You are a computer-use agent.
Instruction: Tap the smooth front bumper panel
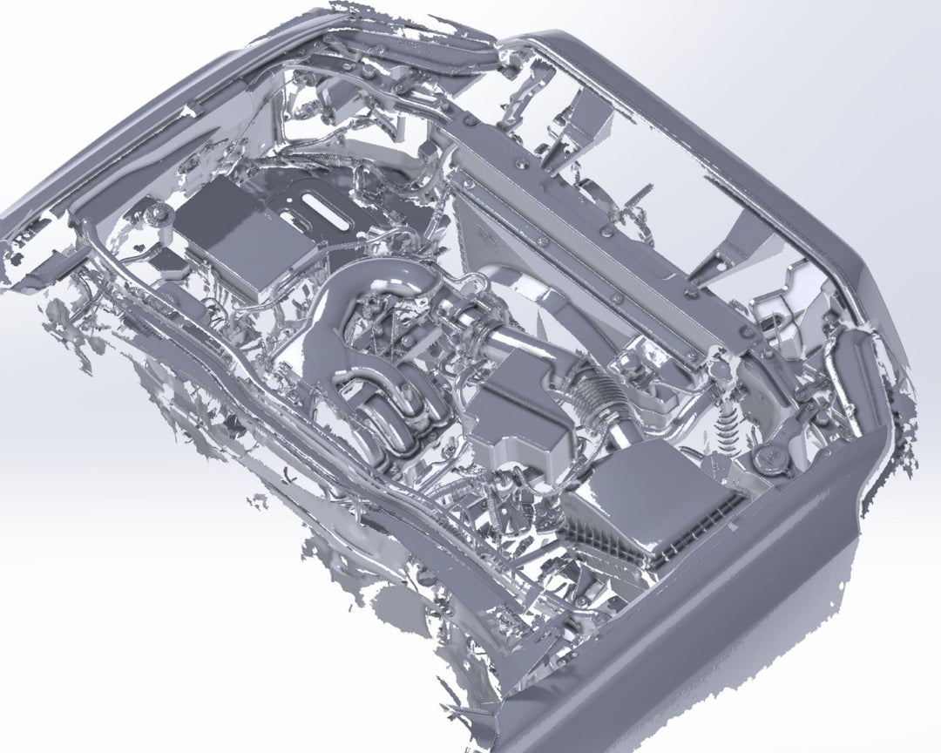click(x=697, y=636)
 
